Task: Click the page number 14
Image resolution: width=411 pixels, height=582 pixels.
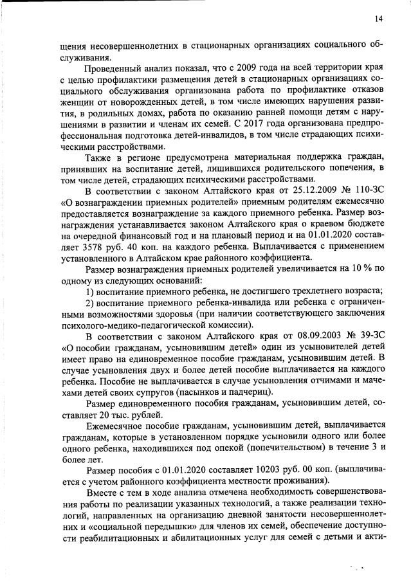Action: coord(379,19)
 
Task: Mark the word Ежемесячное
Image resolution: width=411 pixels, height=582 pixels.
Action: coord(116,424)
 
